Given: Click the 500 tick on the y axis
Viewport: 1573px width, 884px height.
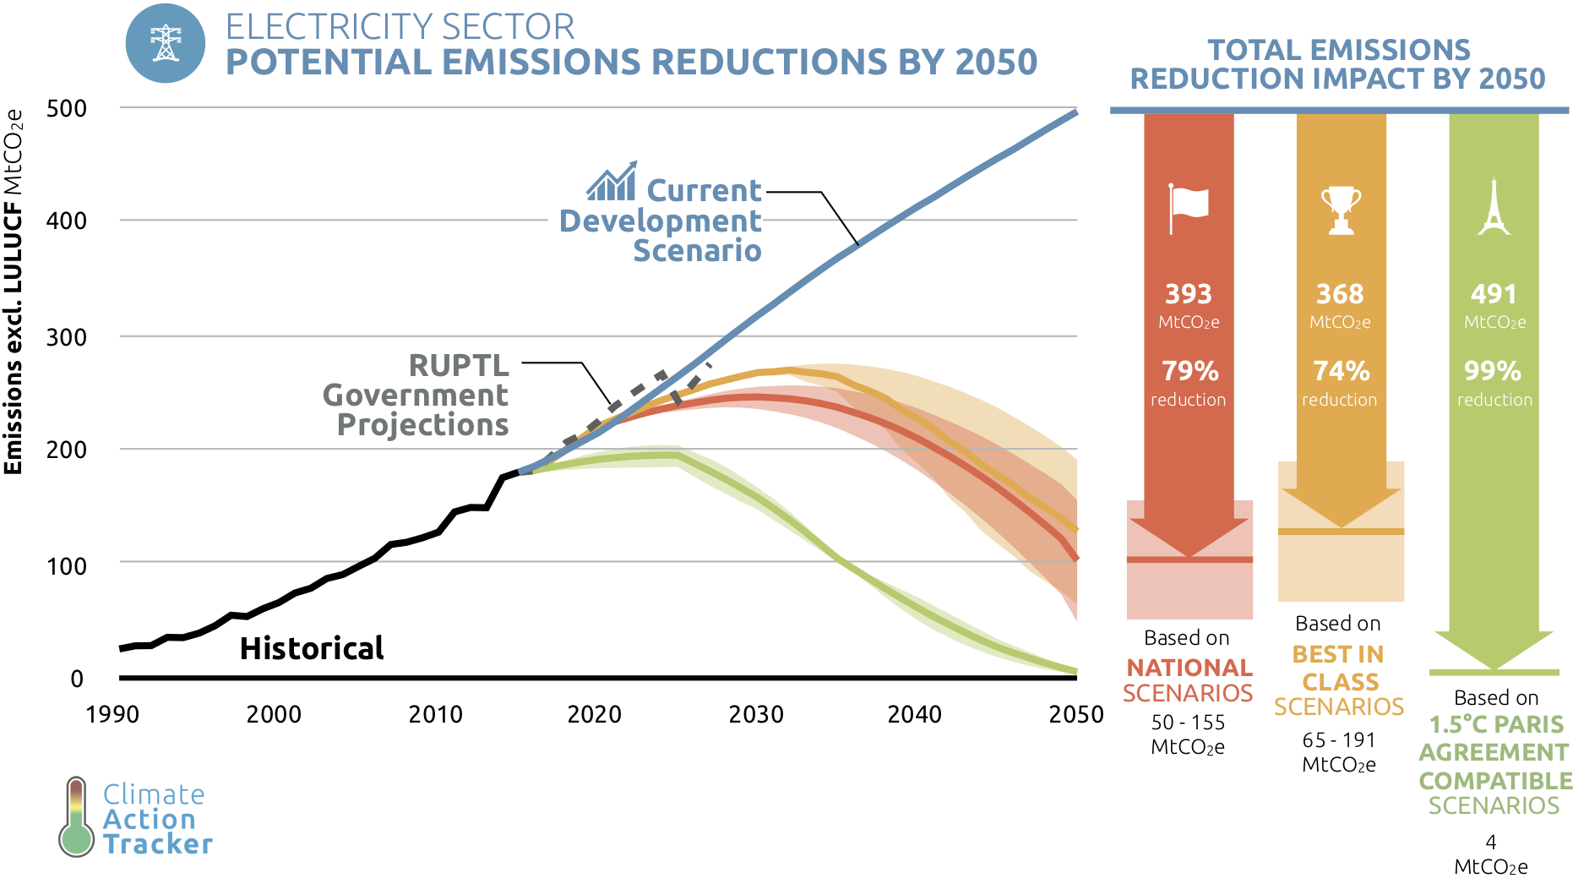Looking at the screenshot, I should coord(67,109).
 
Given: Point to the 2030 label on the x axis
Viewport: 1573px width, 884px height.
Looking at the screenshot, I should coord(756,715).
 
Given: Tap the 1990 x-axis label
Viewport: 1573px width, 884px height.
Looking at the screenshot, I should coord(112,715).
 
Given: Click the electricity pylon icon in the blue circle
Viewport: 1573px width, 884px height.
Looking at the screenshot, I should coord(166,43).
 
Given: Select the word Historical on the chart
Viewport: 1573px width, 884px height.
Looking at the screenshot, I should coord(312,649).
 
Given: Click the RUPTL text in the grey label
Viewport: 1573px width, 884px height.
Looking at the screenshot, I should coord(459,366).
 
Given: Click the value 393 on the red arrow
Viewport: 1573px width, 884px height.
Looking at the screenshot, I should coord(1189,294).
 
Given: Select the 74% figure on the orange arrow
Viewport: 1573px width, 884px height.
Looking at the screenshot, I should coord(1341,371).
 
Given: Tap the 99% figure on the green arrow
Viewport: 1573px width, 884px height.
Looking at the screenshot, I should coord(1493,371).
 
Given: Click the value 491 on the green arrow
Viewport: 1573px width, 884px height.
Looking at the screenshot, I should coord(1494,294).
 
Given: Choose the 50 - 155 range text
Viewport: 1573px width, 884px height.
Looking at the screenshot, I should coord(1188,723).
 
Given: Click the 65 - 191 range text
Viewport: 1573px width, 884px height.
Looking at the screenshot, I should coord(1339,741).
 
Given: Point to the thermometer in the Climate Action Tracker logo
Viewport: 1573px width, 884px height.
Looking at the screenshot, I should coord(77,817).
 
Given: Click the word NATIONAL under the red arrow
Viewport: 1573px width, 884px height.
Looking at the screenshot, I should coord(1189,668).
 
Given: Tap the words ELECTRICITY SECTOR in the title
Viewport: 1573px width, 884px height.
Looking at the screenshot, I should coord(400,27).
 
